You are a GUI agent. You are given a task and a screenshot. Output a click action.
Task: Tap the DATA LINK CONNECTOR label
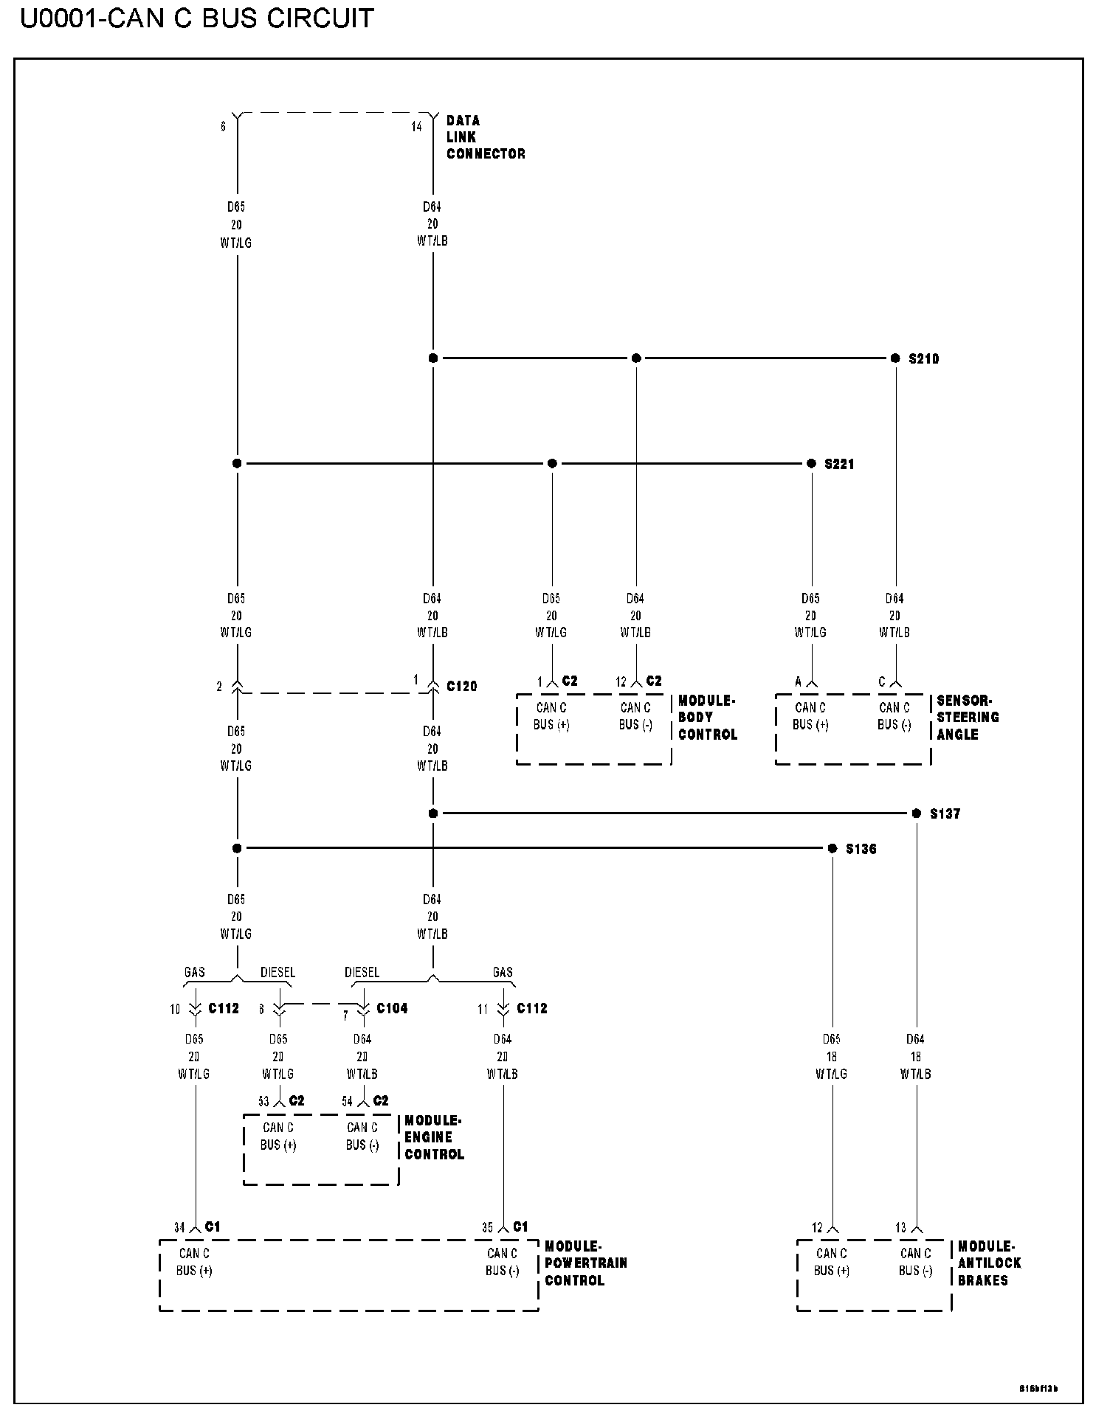point(485,137)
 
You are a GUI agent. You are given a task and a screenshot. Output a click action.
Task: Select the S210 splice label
point(923,359)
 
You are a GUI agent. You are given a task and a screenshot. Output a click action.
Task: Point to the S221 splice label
point(839,465)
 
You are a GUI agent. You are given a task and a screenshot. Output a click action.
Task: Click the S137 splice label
point(945,814)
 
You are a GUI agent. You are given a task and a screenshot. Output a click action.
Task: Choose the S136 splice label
point(861,850)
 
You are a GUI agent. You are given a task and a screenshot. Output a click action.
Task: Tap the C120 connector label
point(462,687)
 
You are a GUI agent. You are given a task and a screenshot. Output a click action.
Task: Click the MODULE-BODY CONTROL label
point(707,718)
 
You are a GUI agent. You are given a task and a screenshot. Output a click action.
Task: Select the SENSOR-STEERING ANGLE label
point(967,718)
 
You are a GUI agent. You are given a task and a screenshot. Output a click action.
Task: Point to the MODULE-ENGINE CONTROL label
point(434,1137)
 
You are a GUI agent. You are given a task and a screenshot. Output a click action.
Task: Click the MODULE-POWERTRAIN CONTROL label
point(585,1263)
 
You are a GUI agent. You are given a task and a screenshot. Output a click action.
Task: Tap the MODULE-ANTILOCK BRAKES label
point(988,1263)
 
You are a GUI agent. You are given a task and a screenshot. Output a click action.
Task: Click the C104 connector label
point(392,1008)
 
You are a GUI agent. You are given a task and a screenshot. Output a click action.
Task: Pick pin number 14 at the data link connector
point(417,127)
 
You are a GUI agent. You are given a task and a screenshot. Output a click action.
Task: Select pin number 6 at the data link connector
point(223,127)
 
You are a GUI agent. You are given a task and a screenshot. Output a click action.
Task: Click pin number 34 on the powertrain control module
point(179,1228)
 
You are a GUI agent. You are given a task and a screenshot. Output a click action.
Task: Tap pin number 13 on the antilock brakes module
point(900,1228)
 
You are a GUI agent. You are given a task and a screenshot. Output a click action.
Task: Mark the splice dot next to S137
point(917,813)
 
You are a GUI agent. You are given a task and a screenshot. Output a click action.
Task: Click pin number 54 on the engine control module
point(347,1102)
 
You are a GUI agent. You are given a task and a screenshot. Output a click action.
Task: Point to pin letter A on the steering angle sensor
point(798,682)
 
